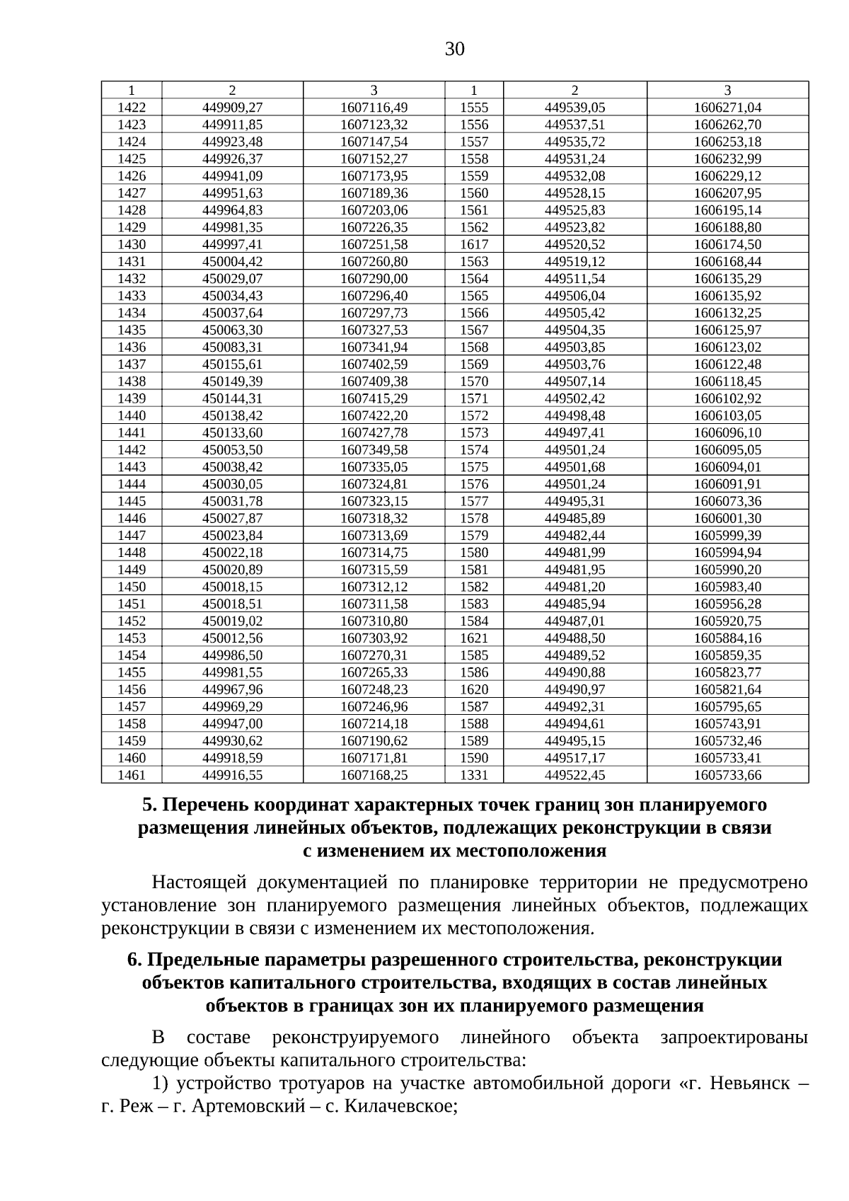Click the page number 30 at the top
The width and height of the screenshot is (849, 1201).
[455, 49]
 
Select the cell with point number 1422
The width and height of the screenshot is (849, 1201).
[132, 108]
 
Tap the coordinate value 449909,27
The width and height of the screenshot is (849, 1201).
[232, 108]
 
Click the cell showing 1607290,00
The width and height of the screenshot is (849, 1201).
[374, 279]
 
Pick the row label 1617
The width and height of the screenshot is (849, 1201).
[474, 244]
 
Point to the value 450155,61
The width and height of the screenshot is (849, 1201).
[232, 364]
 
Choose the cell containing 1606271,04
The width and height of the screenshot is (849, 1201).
[727, 108]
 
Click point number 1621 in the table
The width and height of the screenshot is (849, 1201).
[474, 638]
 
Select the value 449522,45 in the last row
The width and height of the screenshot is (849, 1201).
[574, 775]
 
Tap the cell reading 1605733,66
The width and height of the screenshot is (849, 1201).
[727, 775]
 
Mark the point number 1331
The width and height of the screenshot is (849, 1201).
[474, 775]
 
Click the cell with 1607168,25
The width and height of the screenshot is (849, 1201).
[374, 775]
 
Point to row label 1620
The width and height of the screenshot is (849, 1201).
[474, 689]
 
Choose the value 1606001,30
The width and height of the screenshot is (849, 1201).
[727, 518]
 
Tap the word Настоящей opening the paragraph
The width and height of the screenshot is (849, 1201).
[199, 883]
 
